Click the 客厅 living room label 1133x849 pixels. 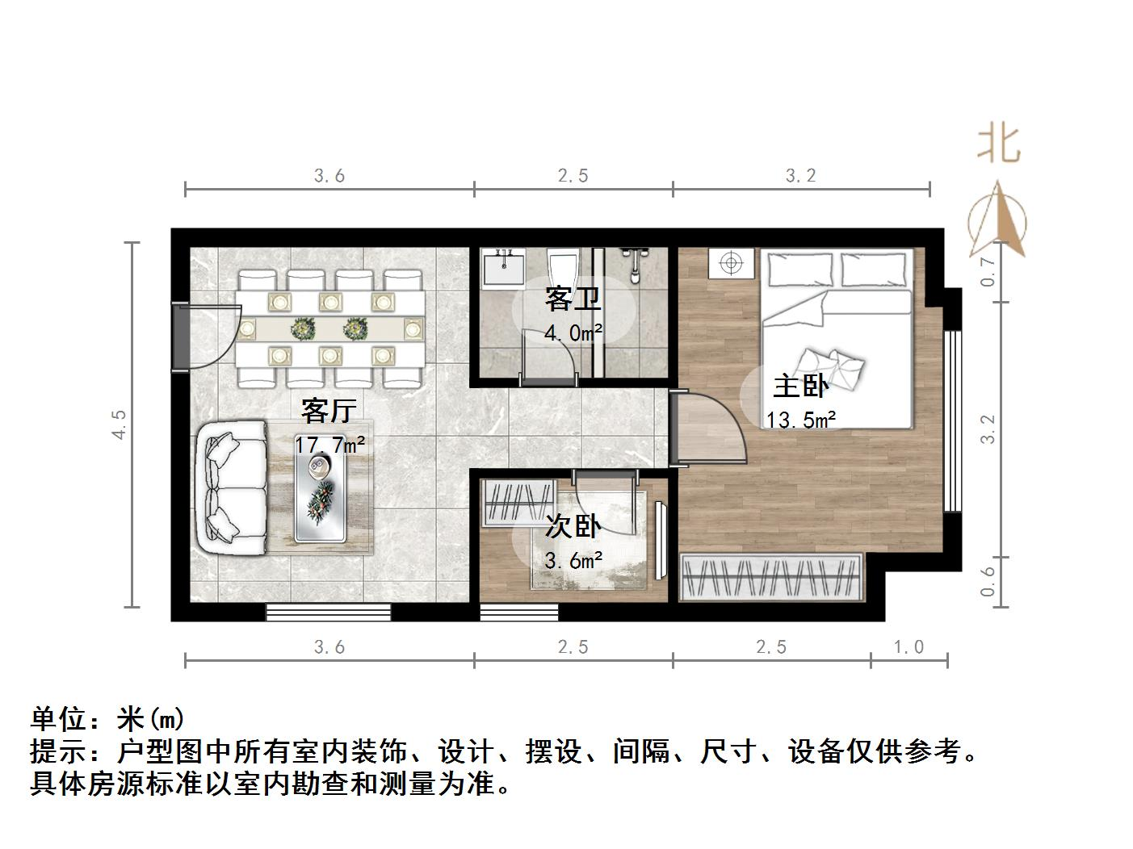point(328,411)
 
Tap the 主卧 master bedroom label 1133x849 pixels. point(800,387)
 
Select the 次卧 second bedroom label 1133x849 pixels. point(573,527)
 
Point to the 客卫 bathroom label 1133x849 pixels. point(573,299)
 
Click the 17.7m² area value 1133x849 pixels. point(329,445)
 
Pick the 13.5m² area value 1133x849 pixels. point(800,420)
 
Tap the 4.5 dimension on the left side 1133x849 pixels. point(119,424)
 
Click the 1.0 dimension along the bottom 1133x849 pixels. point(908,646)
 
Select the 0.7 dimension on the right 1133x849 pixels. point(988,272)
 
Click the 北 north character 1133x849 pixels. point(999,145)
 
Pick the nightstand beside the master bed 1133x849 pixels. point(732,264)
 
